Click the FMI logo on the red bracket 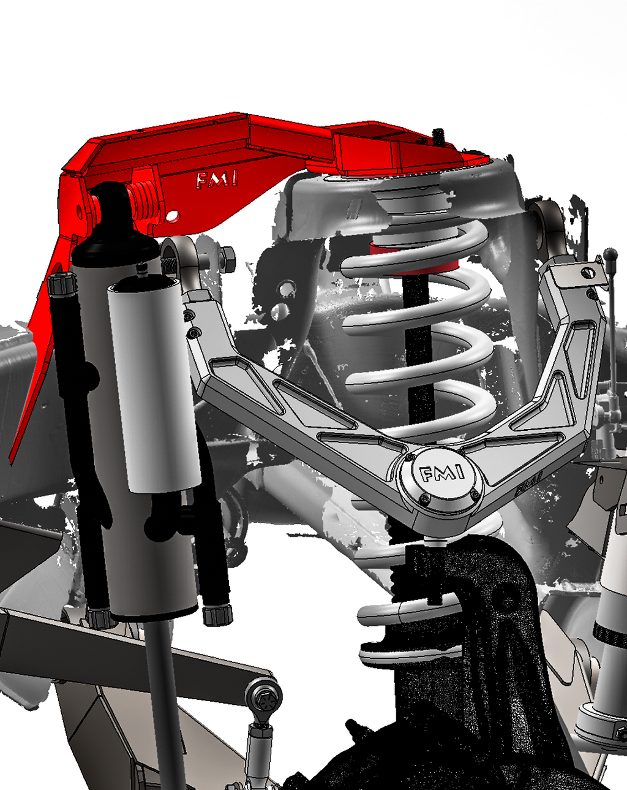217,180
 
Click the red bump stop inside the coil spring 415,259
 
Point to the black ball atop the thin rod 610,254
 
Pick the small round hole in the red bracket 173,216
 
